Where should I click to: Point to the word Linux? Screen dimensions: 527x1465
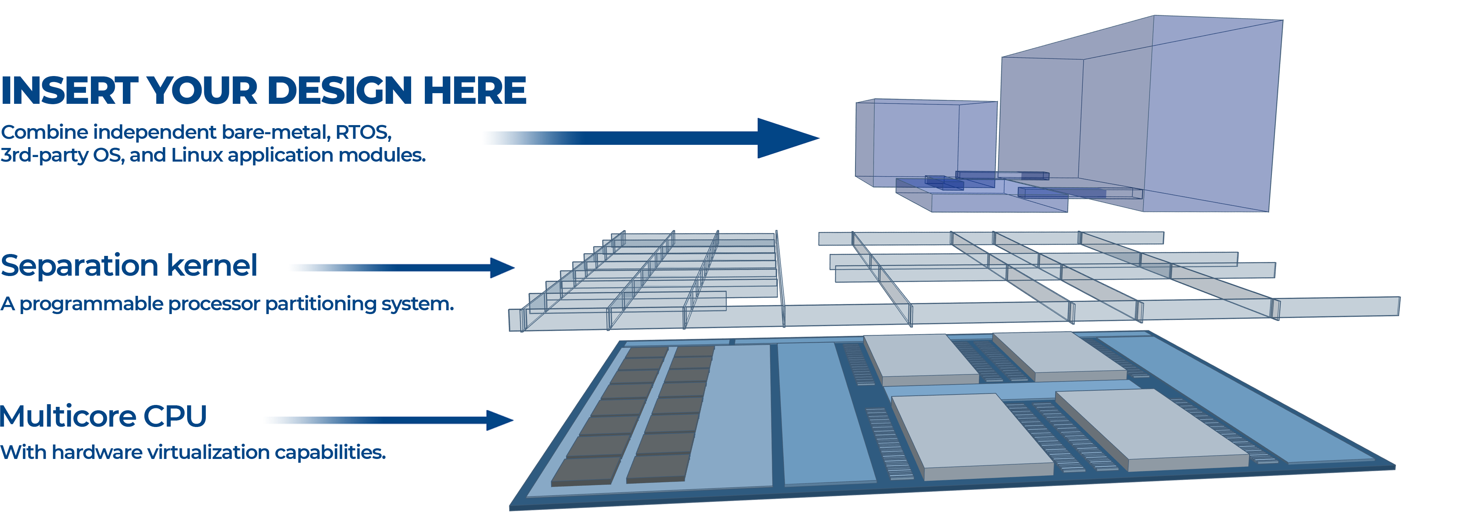197,155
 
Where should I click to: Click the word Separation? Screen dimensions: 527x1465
79,265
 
